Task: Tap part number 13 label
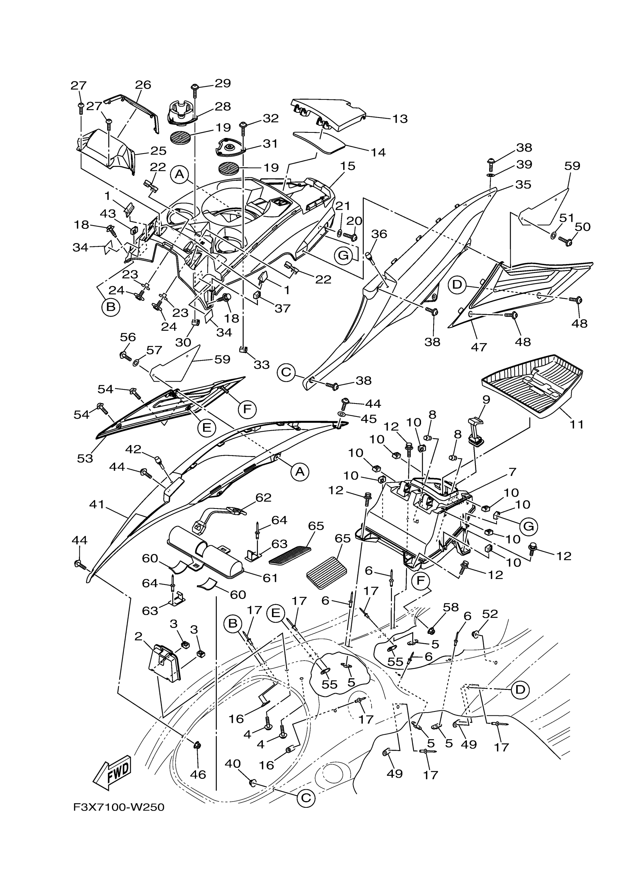[400, 119]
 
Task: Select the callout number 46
[198, 774]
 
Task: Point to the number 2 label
[138, 636]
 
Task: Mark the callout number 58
[451, 607]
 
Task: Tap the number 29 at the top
[223, 83]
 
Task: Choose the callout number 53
[85, 458]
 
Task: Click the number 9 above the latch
[486, 399]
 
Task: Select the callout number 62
[263, 498]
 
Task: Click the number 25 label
[158, 150]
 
